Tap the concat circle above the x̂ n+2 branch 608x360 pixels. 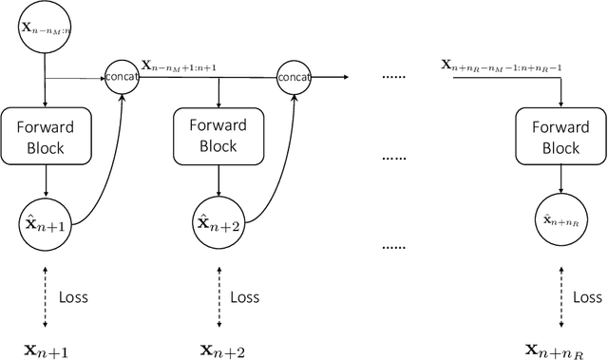tap(294, 74)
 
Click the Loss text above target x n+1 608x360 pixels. tap(73, 296)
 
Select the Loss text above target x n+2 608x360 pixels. tap(245, 296)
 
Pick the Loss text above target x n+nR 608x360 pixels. tap(586, 296)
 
